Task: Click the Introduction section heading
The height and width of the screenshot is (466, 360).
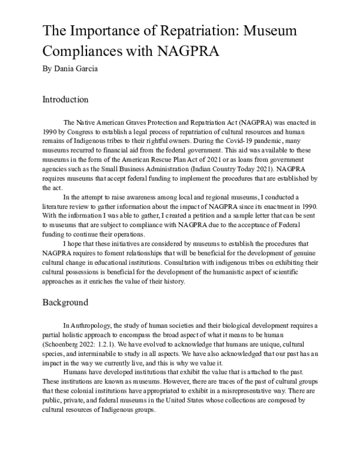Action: pyautogui.click(x=66, y=100)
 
